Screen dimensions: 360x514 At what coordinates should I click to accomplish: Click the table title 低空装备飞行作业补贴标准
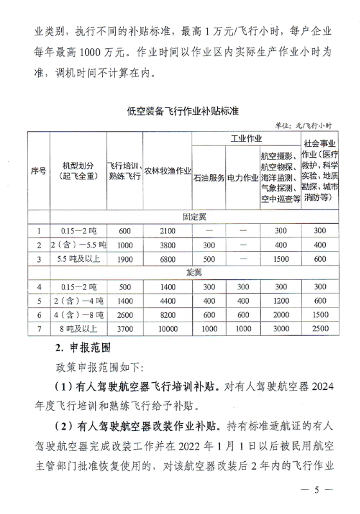183,111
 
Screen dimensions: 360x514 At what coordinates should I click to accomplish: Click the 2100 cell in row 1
168,230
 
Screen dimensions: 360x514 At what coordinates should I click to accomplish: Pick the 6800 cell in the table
168,259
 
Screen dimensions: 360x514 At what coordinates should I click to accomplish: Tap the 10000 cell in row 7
168,329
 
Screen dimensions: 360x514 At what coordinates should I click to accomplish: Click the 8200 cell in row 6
168,315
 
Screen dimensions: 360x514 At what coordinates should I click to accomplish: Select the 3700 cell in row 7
124,329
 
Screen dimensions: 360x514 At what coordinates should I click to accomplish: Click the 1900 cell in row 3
124,259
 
